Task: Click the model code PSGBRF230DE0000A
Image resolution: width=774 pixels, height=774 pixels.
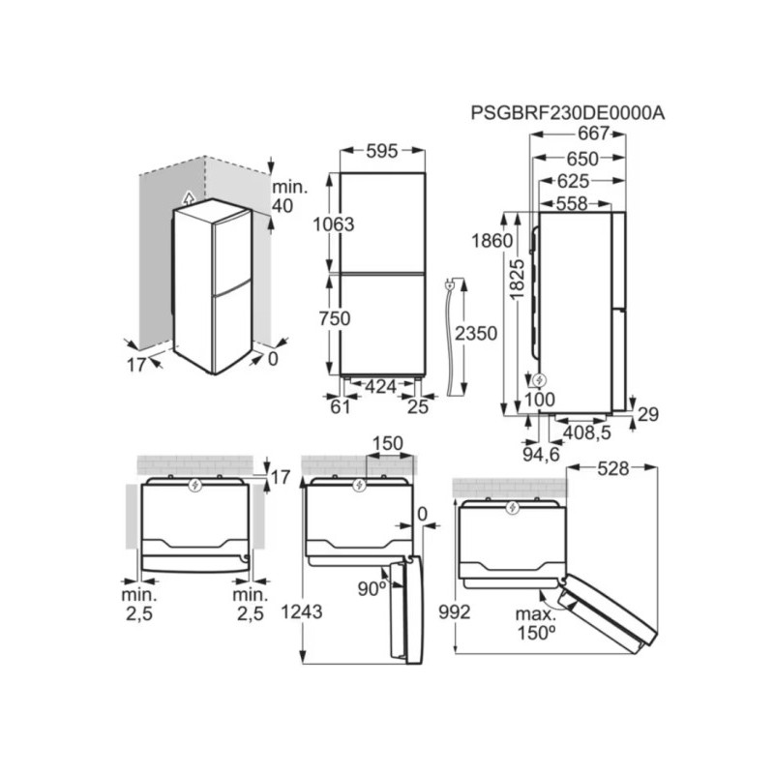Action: pyautogui.click(x=568, y=112)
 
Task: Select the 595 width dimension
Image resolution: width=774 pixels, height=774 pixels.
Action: pyautogui.click(x=383, y=151)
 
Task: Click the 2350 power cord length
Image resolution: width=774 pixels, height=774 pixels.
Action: pyautogui.click(x=475, y=334)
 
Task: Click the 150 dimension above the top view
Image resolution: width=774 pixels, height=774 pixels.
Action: pyautogui.click(x=387, y=444)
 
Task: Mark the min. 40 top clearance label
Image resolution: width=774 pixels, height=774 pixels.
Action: pyautogui.click(x=288, y=195)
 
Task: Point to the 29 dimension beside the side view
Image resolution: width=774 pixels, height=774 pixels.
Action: pyautogui.click(x=647, y=414)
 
